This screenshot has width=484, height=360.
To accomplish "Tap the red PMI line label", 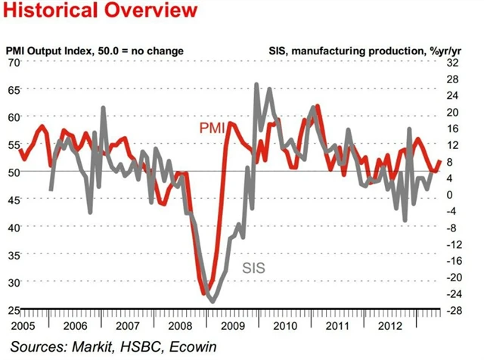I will coord(214,129).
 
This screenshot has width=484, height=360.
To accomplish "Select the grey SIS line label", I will coord(258,267).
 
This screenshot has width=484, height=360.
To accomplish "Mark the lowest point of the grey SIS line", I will coord(212,301).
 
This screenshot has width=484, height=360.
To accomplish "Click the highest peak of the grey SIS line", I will coord(257,85).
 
